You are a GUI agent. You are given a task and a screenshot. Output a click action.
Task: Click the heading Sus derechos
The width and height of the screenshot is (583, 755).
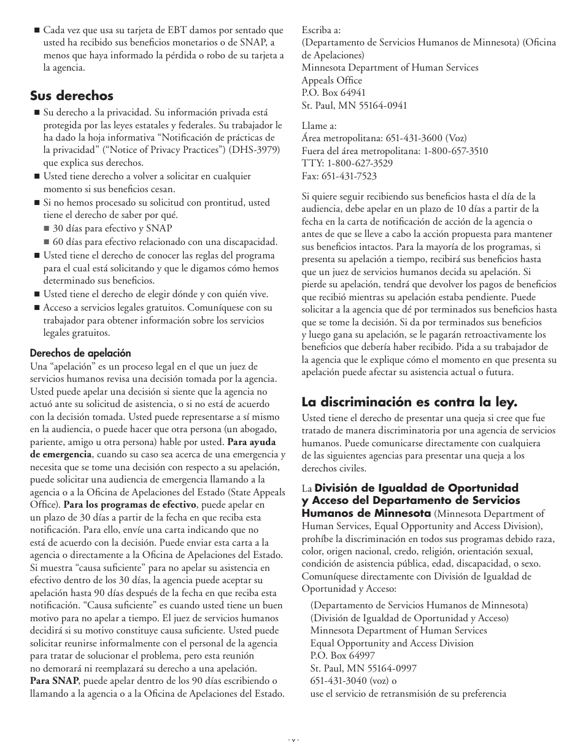click(x=72, y=96)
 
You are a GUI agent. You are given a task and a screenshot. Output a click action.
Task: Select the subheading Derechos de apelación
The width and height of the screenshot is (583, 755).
click(x=80, y=353)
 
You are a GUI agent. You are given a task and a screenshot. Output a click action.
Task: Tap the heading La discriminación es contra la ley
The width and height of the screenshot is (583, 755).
click(x=409, y=403)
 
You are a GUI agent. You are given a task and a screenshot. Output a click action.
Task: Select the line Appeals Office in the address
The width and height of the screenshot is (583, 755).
click(x=331, y=80)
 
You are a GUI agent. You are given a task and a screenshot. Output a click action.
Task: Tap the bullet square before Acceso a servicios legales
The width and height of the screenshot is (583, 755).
click(x=36, y=308)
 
